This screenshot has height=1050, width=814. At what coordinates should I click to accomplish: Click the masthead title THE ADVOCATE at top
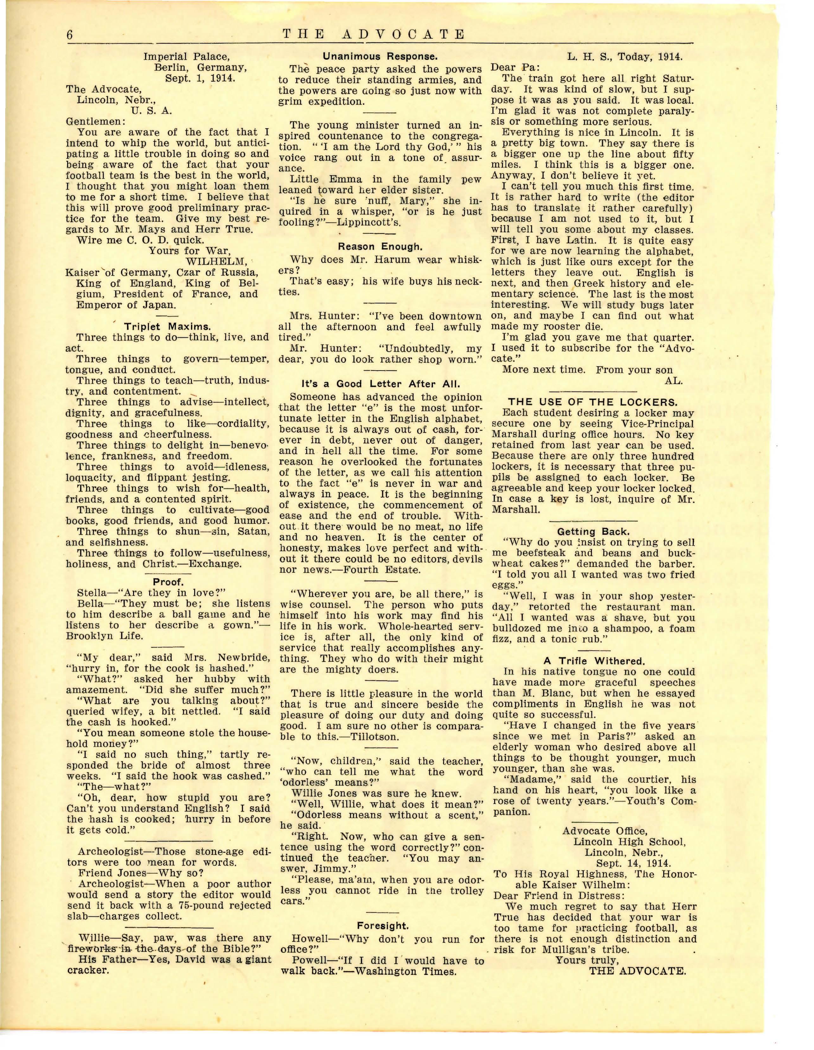(x=373, y=35)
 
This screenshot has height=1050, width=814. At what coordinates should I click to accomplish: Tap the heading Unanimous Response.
(x=380, y=56)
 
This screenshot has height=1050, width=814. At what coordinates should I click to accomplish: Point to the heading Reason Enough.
(x=380, y=247)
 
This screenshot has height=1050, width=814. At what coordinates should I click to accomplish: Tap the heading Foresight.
(x=383, y=926)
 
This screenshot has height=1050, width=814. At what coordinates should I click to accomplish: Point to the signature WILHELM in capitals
(x=216, y=262)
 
